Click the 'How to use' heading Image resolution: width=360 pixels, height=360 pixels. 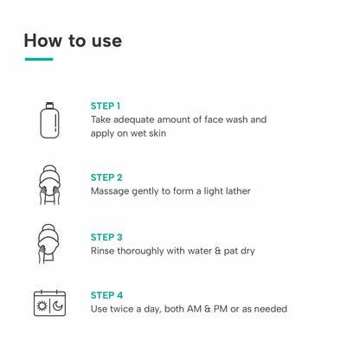(x=73, y=40)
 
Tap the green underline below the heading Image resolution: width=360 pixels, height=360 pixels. (x=39, y=59)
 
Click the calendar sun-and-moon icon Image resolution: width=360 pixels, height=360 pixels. (x=48, y=302)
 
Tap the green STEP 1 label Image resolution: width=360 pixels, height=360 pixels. (x=106, y=106)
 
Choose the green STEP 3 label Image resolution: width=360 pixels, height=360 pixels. (x=106, y=237)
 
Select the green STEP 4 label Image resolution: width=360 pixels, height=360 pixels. (x=106, y=294)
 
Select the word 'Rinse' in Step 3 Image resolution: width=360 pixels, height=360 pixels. (x=104, y=251)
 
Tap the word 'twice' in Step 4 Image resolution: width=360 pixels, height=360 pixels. (x=124, y=309)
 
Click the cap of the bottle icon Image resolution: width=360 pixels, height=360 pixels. (x=48, y=103)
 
